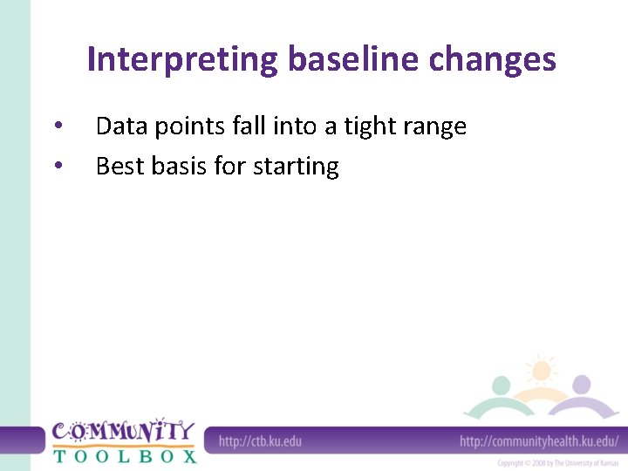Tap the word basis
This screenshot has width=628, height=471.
coord(177,166)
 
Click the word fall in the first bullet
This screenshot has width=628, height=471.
coord(250,127)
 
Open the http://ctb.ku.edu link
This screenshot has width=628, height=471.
coord(260,440)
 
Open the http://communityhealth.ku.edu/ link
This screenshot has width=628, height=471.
coord(539,440)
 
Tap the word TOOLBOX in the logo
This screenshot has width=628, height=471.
coord(125,455)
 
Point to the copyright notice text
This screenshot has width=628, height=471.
coord(557,462)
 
